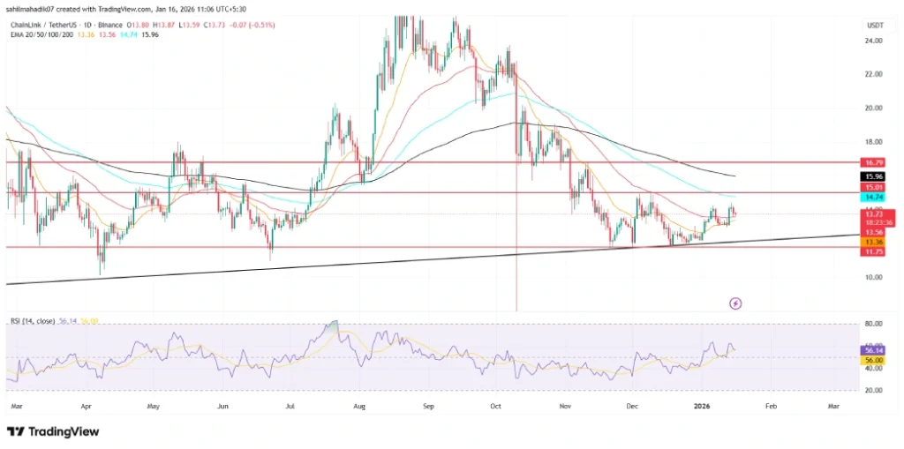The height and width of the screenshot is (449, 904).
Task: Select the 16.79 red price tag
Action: tap(873, 162)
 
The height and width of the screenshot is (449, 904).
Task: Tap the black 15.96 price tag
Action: tap(873, 176)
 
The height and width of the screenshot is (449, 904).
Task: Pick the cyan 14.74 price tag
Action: tap(873, 198)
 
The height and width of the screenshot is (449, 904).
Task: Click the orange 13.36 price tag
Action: tap(873, 243)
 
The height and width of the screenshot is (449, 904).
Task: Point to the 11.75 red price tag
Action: tap(873, 252)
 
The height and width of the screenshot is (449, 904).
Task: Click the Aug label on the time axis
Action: tap(358, 408)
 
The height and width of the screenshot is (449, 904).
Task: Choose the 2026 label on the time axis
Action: tap(703, 408)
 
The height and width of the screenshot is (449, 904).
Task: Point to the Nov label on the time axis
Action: tap(565, 408)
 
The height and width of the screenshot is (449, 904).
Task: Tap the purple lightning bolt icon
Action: tap(736, 303)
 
